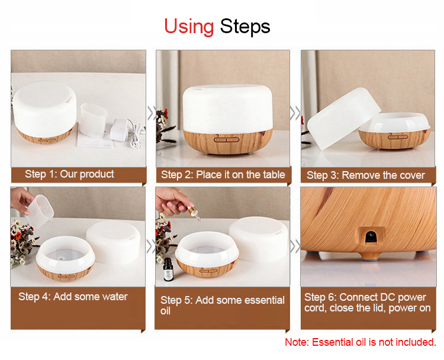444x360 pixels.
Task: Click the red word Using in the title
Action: coord(189,27)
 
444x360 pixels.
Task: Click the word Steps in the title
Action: coord(245,27)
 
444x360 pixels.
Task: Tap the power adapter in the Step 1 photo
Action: coord(121,130)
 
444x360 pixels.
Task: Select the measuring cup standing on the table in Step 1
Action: coord(94,120)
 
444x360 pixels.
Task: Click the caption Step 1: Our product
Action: coord(69,174)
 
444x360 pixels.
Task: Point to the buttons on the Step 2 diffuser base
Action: coord(227,139)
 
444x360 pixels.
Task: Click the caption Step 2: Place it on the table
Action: coord(223,175)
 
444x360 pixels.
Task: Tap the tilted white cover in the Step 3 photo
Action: coord(343,118)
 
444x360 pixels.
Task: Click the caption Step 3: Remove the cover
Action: coord(366,175)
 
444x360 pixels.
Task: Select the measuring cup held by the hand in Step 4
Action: coord(40,211)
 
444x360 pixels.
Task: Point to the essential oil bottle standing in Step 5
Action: coord(168,269)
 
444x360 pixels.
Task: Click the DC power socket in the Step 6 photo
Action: coord(371,236)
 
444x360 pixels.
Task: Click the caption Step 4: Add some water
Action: coord(73,297)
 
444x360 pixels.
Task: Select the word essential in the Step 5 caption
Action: coord(264,300)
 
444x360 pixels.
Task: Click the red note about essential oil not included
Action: coord(360,342)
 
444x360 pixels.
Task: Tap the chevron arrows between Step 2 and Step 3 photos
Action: coord(295,113)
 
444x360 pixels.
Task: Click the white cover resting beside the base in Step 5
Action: coord(259,239)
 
